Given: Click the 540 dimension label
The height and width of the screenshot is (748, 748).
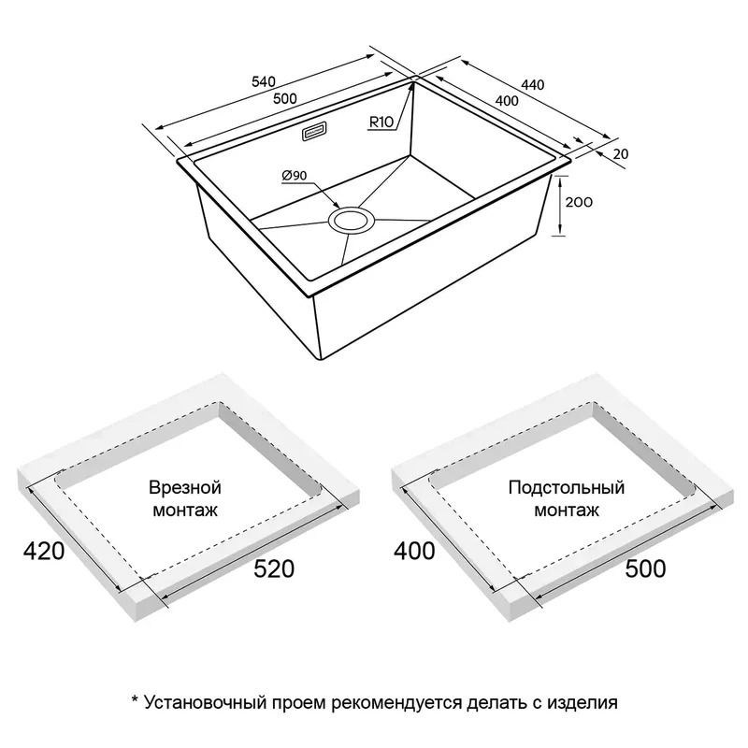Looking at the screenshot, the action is [264, 81].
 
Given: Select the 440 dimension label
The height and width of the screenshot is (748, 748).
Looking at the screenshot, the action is [532, 84].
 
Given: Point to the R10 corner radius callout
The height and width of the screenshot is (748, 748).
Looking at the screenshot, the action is [381, 122].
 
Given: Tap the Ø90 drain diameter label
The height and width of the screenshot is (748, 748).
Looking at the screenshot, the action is [295, 176].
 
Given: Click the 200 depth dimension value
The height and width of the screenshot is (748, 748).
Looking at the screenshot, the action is [579, 202].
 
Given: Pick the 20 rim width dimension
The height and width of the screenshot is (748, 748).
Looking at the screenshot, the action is [621, 154].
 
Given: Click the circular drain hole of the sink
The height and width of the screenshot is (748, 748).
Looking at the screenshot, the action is [352, 221].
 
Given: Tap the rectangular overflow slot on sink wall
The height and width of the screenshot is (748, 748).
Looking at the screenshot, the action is [313, 132].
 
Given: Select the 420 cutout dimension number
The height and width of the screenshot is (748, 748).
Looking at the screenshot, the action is [44, 551].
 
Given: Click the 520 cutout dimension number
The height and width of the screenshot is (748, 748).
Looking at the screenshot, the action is [274, 568].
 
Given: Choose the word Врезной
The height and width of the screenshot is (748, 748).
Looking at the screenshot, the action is [185, 487].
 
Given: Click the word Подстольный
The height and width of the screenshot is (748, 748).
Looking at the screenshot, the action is [567, 487].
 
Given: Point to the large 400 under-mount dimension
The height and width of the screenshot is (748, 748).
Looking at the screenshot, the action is [414, 551].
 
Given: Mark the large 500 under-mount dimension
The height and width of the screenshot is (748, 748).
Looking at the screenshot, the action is [645, 568].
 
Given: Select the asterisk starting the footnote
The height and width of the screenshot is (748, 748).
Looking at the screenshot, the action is [135, 699].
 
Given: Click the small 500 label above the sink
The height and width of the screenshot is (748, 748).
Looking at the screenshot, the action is [285, 98].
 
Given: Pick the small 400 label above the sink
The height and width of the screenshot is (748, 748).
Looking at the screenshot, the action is [507, 101].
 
